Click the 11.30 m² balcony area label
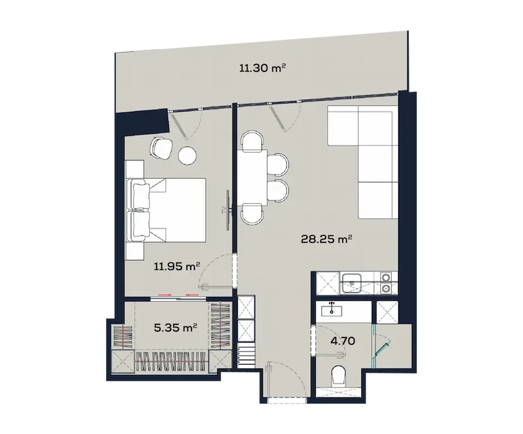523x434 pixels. point(262,68)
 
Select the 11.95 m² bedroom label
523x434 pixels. point(177,267)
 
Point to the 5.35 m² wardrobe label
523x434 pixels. point(175,328)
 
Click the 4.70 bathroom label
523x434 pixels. point(343,341)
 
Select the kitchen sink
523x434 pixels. point(352,283)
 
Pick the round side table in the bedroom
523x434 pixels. point(187,156)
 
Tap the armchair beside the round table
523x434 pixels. point(161,148)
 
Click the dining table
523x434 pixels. point(252,177)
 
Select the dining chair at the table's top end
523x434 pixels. point(252,142)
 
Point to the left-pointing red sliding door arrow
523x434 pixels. point(191,295)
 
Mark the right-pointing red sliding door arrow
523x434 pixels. point(165,295)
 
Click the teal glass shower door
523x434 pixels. point(381,346)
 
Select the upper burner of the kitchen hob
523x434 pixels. point(386,277)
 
